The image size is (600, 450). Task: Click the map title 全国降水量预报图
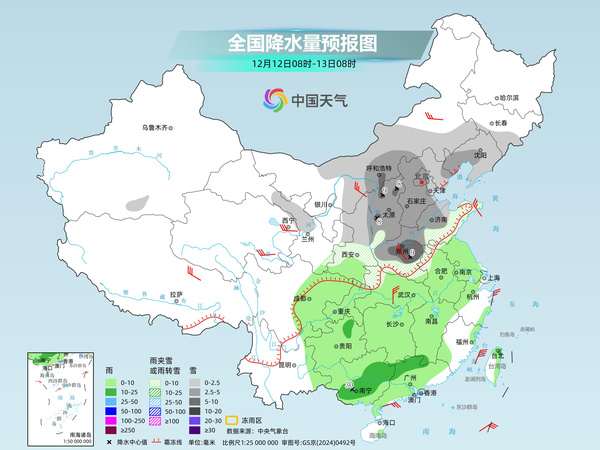301,42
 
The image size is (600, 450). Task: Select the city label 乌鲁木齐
157,128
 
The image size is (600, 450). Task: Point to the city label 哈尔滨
509,97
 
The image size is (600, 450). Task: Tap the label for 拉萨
177,294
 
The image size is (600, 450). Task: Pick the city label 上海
492,278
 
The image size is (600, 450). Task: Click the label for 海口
387,423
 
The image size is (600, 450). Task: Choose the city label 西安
348,256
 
